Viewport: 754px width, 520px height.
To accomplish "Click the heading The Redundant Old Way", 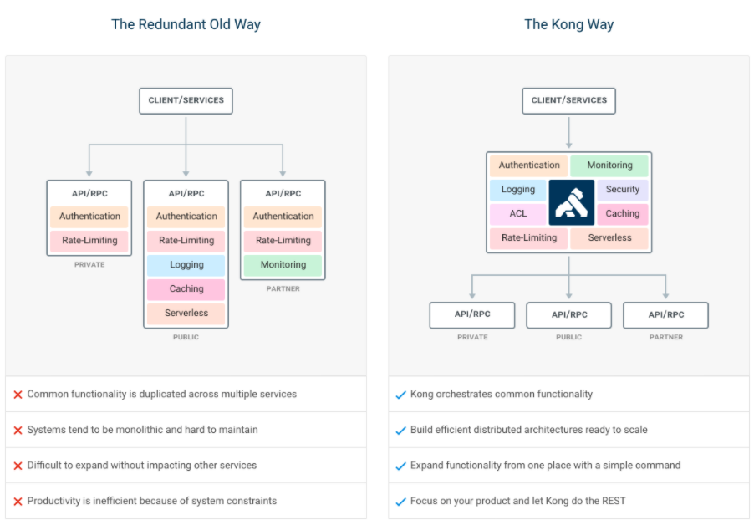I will point(186,24).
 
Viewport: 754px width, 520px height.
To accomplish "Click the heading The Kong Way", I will point(568,24).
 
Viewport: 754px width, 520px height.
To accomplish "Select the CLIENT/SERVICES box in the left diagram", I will point(186,100).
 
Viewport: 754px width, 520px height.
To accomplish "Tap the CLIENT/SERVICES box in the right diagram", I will point(568,100).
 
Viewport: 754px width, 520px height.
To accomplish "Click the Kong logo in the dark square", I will point(572,202).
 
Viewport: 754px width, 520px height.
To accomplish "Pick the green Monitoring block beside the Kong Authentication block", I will point(609,166).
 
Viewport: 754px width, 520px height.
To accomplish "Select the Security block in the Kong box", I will point(622,190).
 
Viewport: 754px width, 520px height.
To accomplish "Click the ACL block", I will point(517,214).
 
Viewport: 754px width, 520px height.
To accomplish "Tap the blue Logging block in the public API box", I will point(186,265).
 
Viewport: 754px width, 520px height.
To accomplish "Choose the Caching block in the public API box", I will point(186,289).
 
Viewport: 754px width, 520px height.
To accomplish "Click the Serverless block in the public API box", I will point(186,314).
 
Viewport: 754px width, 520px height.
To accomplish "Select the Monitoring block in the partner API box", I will point(283,265).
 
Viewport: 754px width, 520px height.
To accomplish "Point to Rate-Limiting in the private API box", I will point(89,241).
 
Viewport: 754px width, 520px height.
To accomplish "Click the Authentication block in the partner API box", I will point(283,217).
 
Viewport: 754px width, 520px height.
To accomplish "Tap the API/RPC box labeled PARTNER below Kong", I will point(665,315).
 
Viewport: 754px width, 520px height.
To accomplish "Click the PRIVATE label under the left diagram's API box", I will point(89,265).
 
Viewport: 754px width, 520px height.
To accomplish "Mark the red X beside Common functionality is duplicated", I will point(18,395).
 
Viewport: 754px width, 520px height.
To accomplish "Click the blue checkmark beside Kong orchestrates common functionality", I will point(400,395).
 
